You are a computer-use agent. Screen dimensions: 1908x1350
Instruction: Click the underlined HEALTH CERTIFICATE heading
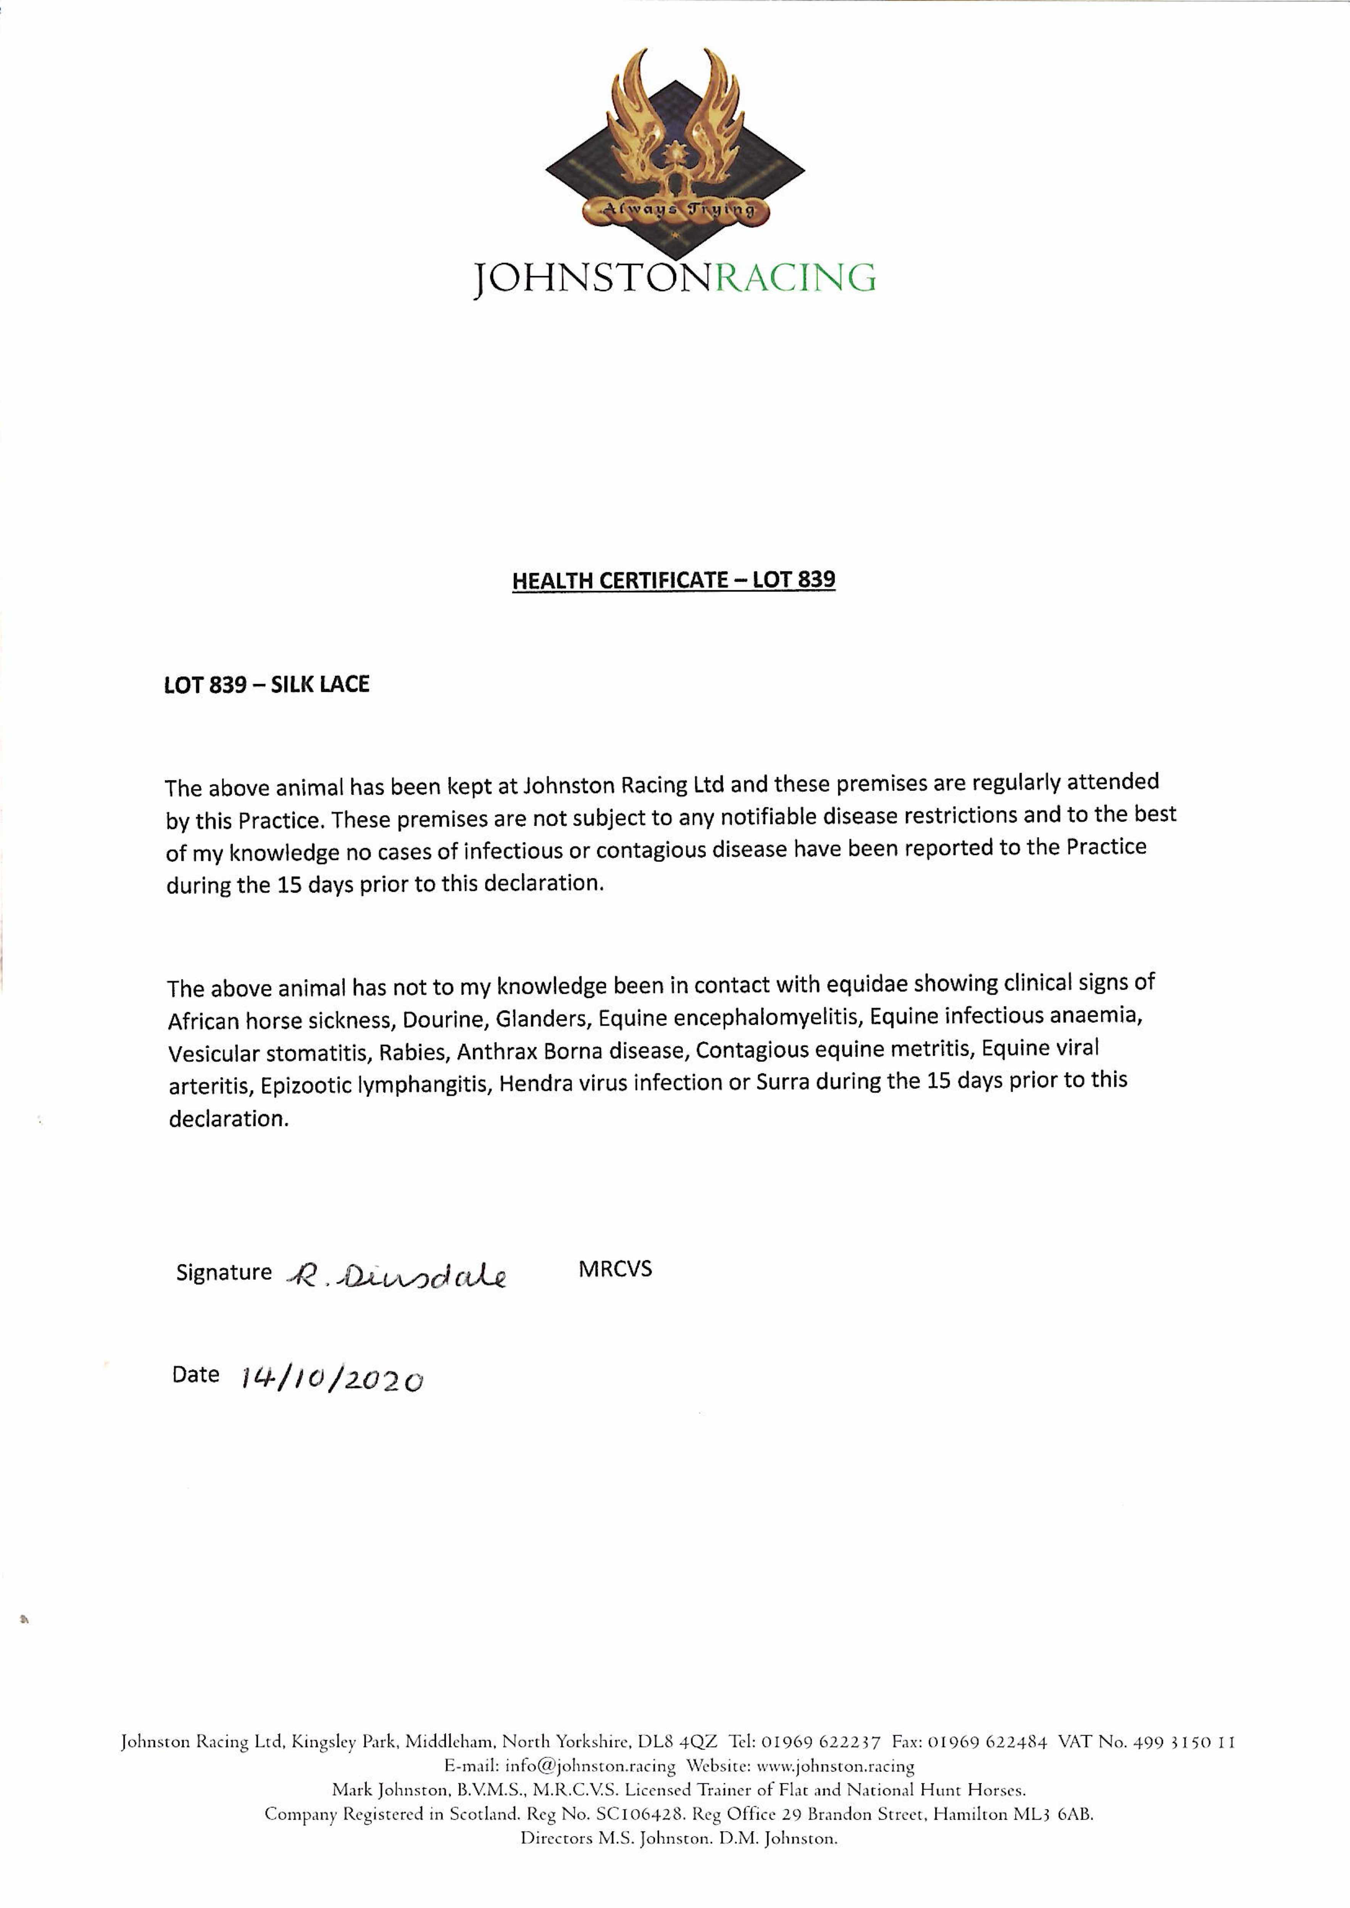(x=673, y=580)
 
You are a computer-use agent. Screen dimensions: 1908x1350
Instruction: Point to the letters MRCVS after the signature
(x=615, y=1269)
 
